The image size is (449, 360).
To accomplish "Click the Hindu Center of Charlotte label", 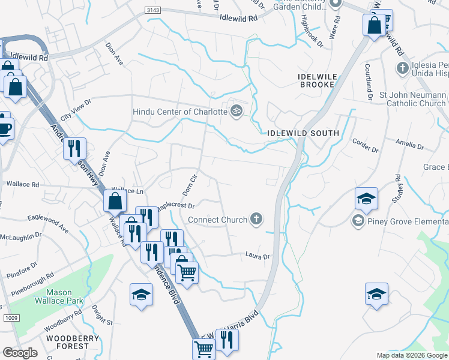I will point(179,111).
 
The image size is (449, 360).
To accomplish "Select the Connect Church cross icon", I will point(256,219).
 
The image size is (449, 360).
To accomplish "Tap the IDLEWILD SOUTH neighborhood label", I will point(304,133).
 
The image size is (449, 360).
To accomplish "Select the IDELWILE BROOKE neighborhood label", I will point(316,80).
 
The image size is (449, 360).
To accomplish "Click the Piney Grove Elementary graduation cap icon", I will point(358,221).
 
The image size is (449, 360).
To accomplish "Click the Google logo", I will point(20,353).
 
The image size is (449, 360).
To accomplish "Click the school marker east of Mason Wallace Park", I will point(141,295).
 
